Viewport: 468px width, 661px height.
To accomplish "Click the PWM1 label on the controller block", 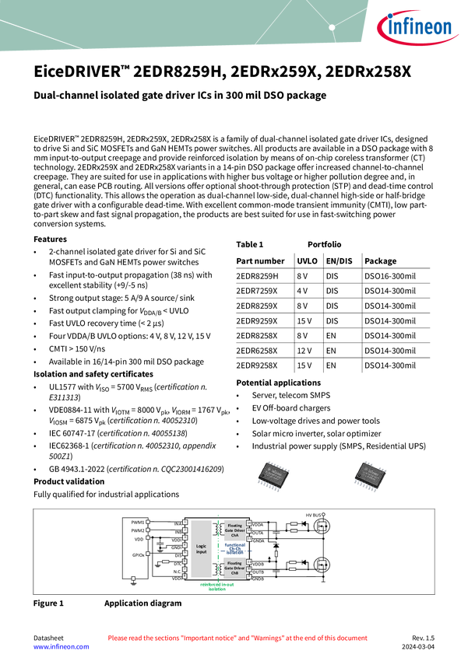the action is (x=137, y=522).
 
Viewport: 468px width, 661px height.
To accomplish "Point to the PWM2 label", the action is (x=137, y=530).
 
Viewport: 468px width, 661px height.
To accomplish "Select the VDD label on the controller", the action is (x=139, y=539).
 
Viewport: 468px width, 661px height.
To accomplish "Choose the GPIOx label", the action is (x=138, y=555).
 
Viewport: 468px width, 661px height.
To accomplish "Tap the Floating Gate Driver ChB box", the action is (x=234, y=568).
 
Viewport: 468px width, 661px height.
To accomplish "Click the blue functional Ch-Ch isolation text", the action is (x=234, y=548).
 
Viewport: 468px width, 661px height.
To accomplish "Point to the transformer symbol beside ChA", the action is (x=216, y=530).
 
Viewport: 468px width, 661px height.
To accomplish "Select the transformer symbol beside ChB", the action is (x=216, y=568).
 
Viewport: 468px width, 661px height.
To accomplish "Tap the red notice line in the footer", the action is (x=237, y=638).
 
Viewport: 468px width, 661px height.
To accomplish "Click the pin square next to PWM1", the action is (x=148, y=522).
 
